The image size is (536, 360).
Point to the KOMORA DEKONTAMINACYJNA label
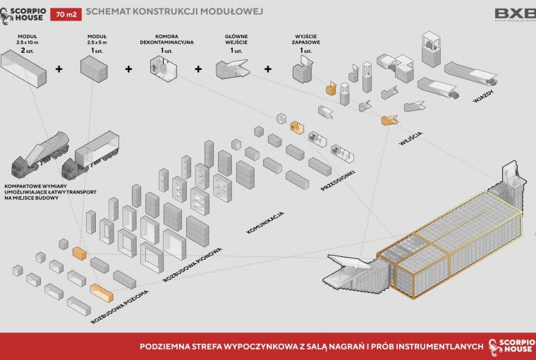point(166,41)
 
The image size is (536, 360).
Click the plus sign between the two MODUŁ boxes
point(59,69)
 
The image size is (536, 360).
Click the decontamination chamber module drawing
point(163,68)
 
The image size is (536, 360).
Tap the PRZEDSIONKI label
point(336,179)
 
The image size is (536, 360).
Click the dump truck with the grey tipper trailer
point(39,159)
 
